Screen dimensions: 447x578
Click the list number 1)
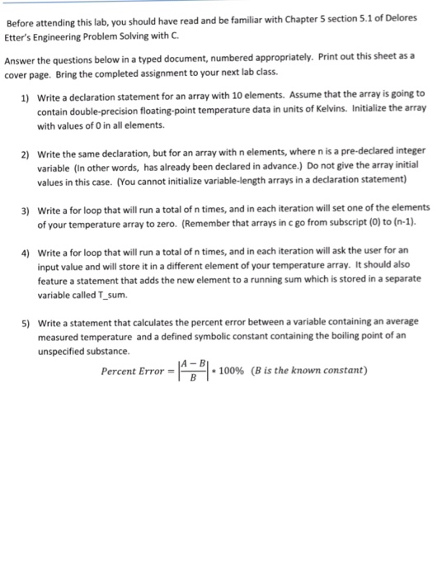coord(26,96)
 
